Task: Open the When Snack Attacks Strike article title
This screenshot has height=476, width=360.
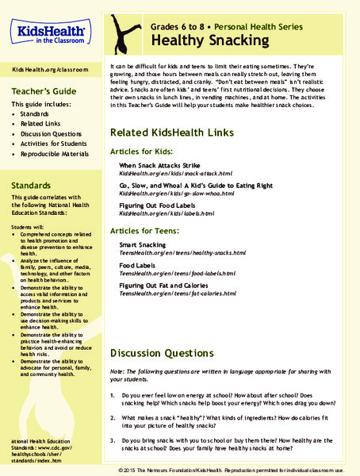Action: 159,164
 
